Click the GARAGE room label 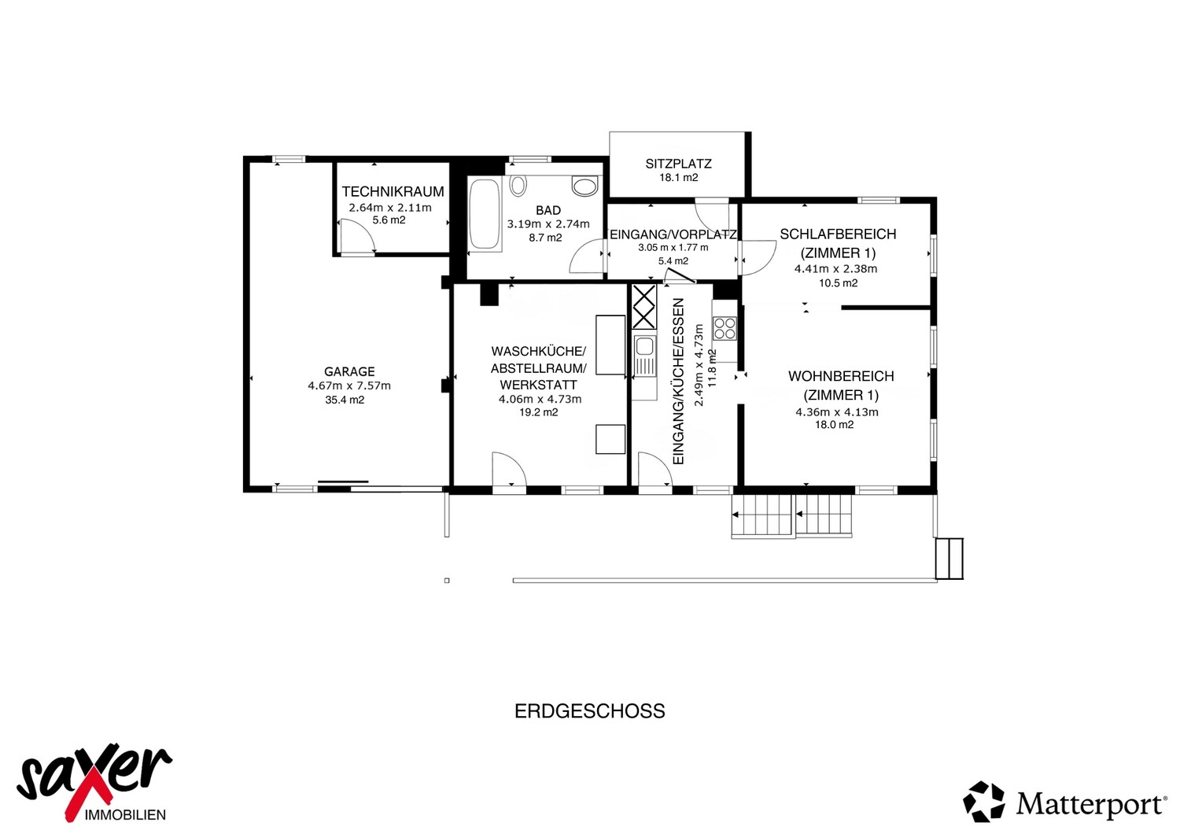click(x=349, y=371)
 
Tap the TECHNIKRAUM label click(x=393, y=191)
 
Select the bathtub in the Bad click(x=485, y=215)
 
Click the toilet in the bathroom click(x=584, y=186)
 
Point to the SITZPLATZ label click(x=678, y=164)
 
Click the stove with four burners click(x=725, y=328)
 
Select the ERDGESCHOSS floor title click(x=589, y=711)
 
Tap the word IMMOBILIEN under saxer click(x=125, y=815)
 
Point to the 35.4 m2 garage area click(x=345, y=400)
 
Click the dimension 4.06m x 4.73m click(x=540, y=400)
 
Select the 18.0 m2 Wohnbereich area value click(x=835, y=425)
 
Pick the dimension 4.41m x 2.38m click(x=836, y=269)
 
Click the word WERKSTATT click(x=538, y=385)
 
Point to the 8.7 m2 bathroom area click(x=546, y=238)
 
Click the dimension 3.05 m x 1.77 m click(x=673, y=247)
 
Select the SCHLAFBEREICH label click(x=838, y=234)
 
